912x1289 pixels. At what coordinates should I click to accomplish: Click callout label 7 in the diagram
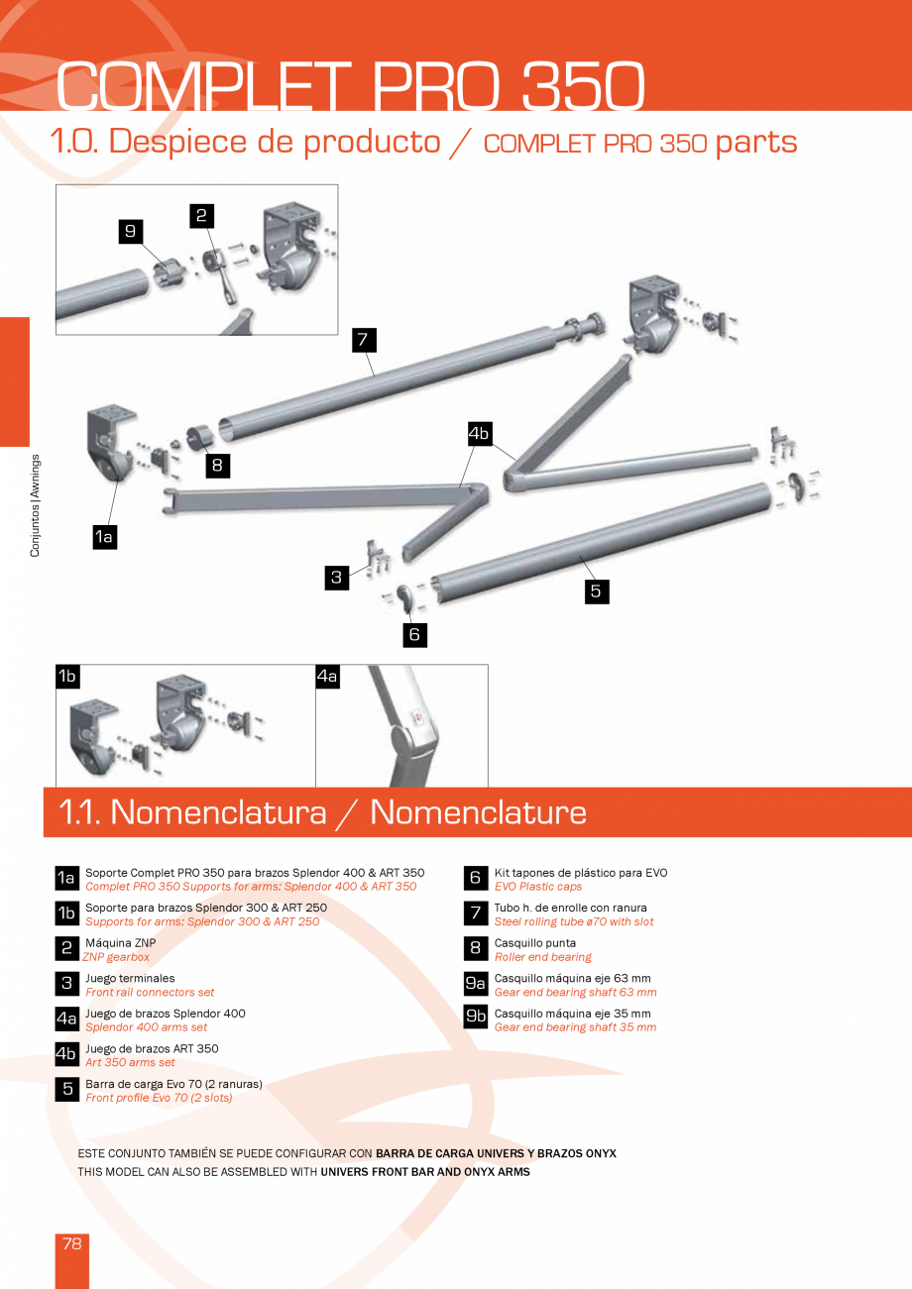[363, 340]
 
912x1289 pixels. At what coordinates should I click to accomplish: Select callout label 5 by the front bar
[595, 591]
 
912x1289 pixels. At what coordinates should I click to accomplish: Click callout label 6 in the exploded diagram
[414, 634]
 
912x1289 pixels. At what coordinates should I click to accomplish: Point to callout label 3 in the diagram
[337, 577]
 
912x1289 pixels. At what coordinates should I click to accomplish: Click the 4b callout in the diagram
[480, 433]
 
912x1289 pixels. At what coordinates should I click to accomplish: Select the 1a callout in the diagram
[104, 537]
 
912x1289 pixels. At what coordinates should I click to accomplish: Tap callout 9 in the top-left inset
[130, 231]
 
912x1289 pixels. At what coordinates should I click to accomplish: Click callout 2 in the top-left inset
[201, 215]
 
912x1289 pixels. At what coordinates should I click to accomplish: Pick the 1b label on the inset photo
[67, 676]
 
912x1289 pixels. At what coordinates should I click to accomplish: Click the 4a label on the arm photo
[327, 676]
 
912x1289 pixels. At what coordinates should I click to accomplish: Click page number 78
[72, 1244]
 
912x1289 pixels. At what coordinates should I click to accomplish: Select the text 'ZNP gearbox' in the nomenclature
[116, 957]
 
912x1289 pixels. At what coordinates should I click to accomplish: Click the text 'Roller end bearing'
[542, 957]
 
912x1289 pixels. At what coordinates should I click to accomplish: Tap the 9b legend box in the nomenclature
[475, 1017]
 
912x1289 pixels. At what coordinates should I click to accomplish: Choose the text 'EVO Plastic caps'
[538, 887]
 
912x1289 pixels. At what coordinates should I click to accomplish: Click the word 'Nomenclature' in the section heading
[478, 812]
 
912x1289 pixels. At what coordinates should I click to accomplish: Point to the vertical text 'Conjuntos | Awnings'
[35, 505]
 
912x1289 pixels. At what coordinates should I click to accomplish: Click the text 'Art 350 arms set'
[130, 1062]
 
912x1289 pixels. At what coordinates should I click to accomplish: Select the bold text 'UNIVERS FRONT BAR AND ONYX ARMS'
[425, 1172]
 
